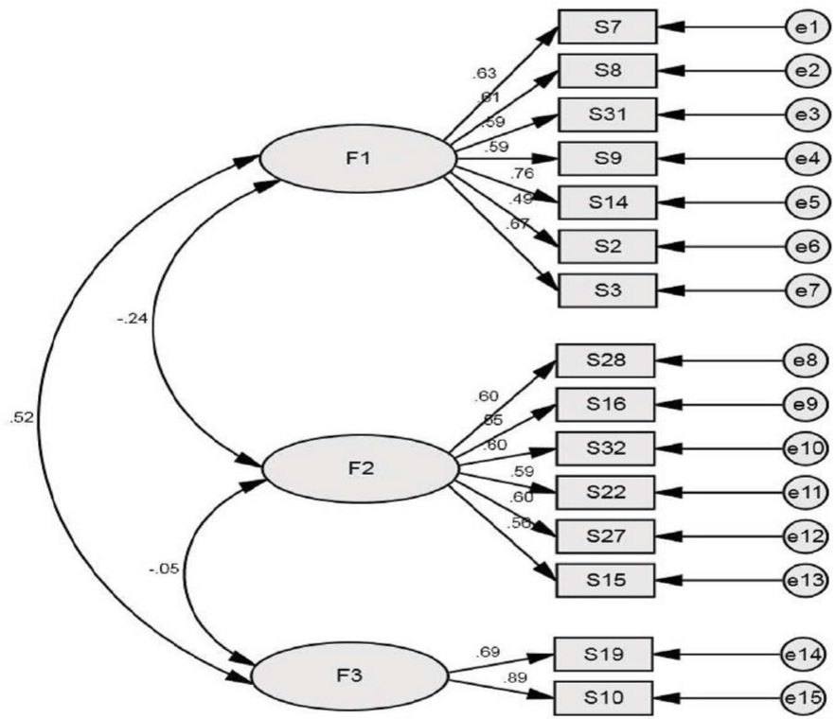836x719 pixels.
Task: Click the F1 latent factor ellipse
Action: pos(357,158)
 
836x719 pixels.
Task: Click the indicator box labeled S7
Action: pos(606,27)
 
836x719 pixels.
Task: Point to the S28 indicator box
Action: pos(605,361)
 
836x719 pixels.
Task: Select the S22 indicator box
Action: pos(605,491)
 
